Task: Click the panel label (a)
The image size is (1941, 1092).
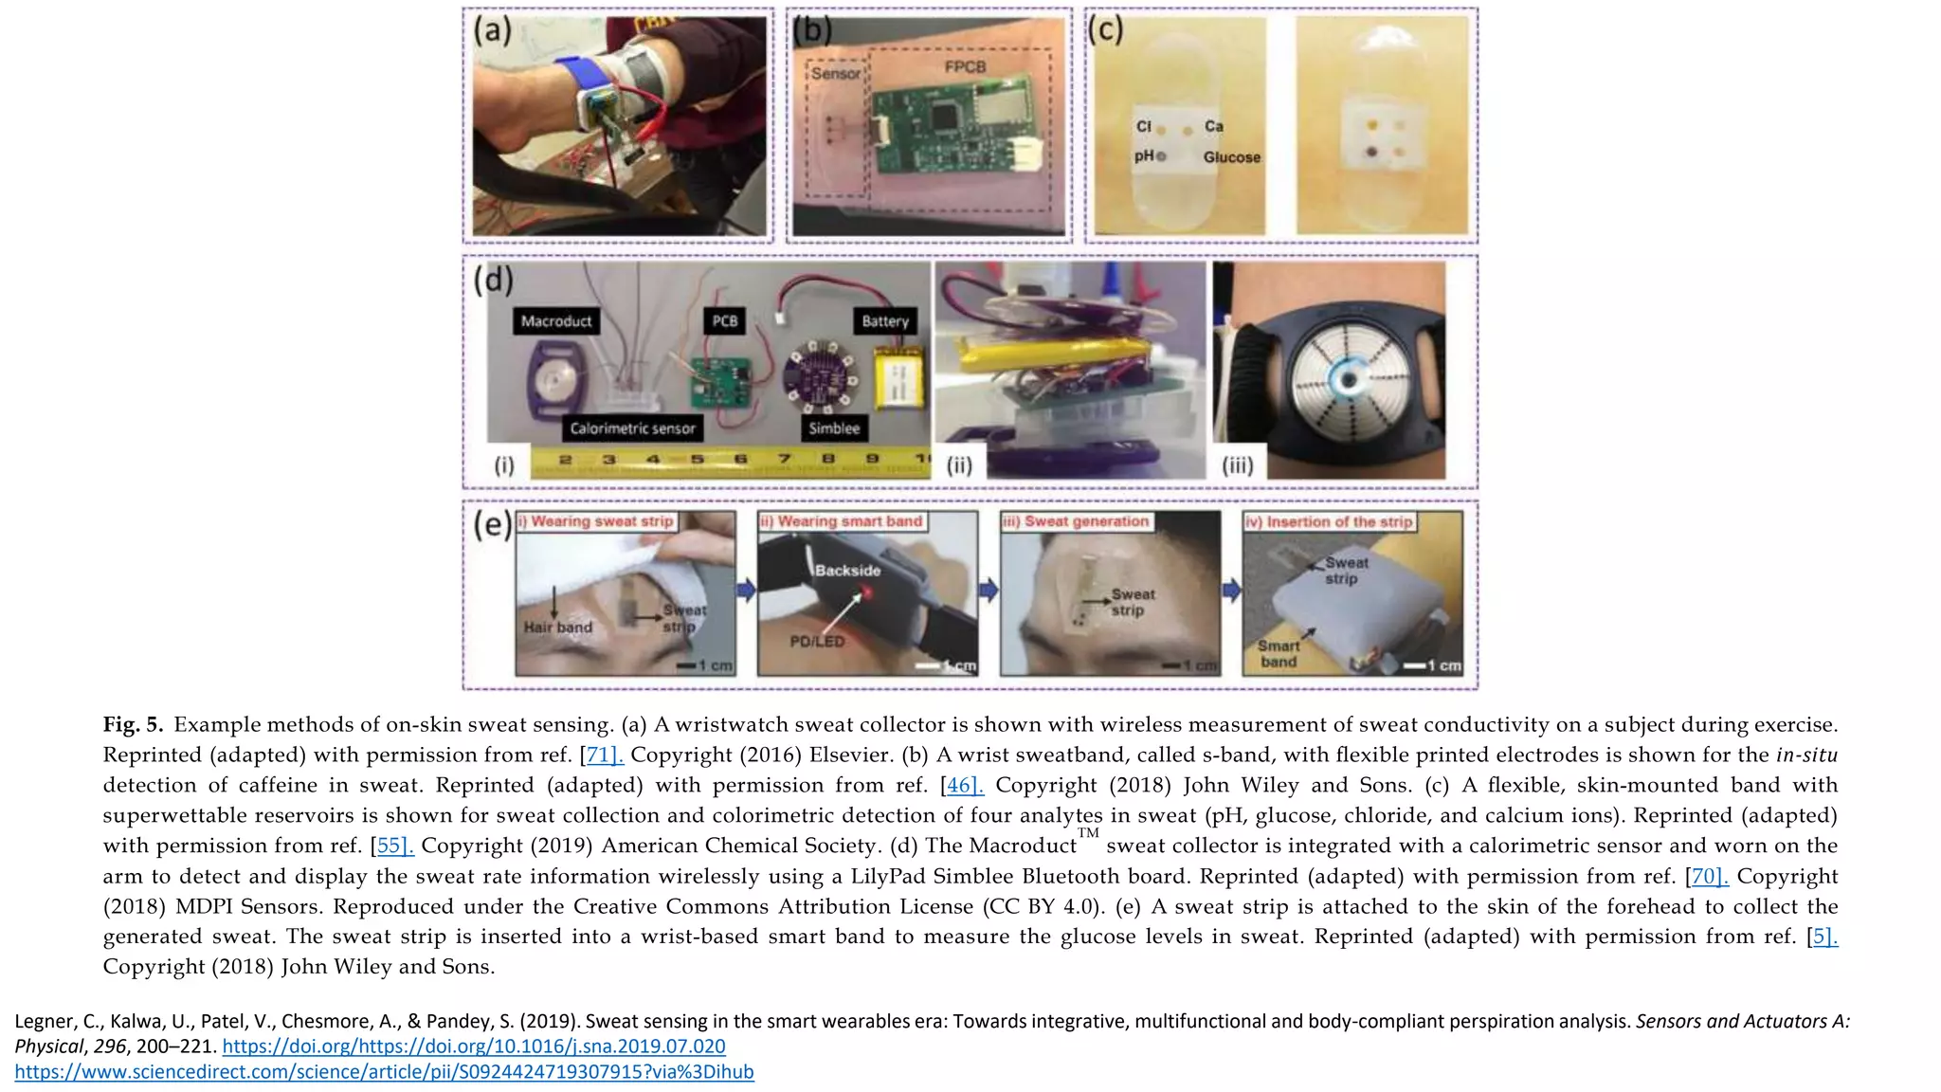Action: coord(493,31)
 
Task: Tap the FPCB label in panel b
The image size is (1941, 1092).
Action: coord(965,67)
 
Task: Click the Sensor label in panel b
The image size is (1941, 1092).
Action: coord(836,74)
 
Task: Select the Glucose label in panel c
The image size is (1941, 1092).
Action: coord(1231,157)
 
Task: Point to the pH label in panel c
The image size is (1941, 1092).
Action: coord(1145,155)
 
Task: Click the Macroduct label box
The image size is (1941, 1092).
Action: coord(556,321)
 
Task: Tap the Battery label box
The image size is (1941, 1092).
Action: coord(885,321)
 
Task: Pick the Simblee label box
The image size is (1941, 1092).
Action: coord(834,428)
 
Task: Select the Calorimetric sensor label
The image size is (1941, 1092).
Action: coord(632,428)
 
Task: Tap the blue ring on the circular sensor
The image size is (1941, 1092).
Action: coord(1345,380)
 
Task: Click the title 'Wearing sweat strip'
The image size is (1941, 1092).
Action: coord(601,521)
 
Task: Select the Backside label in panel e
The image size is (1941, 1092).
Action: coord(847,571)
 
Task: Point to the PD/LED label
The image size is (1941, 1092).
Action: coord(817,642)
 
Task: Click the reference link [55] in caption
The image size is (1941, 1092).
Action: coord(395,846)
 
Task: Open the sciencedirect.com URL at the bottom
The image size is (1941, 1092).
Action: coord(384,1072)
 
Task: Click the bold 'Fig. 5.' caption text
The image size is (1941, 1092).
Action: coord(133,725)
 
